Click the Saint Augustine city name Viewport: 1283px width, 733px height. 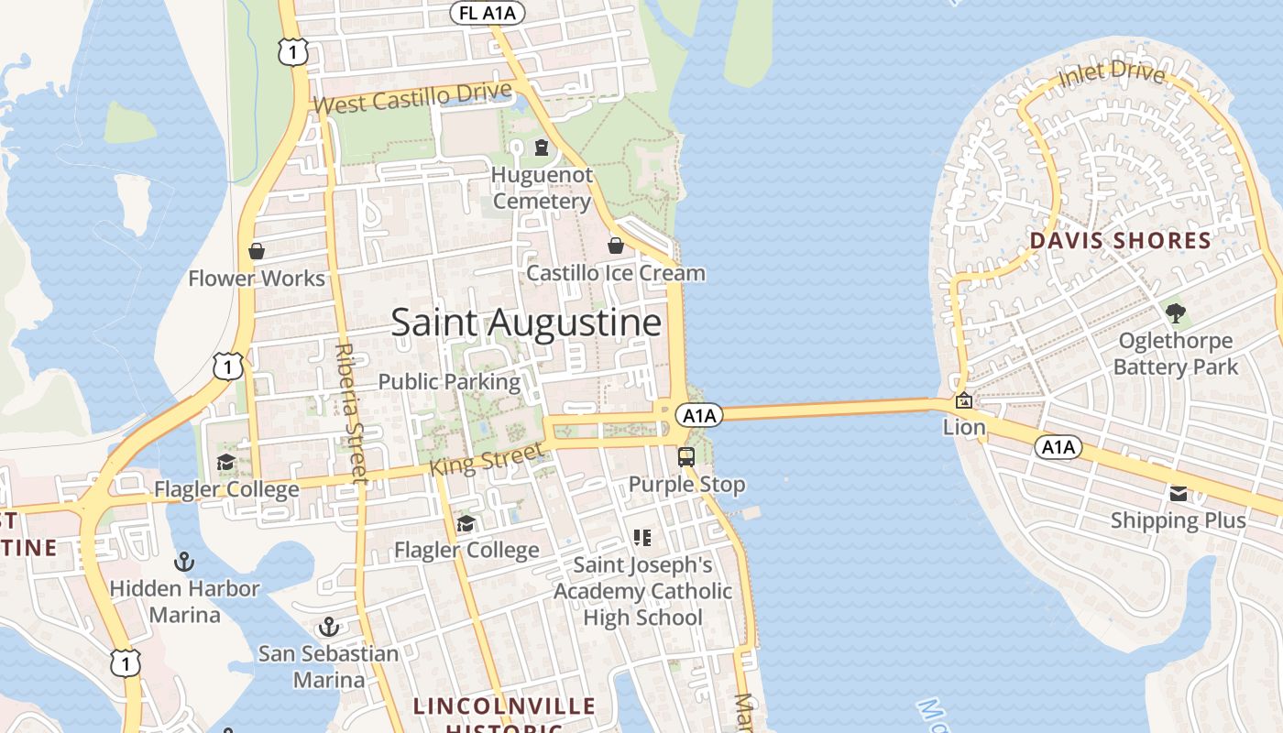point(526,323)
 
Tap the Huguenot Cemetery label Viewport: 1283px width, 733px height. point(542,188)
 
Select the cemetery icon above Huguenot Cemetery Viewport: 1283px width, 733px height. point(542,148)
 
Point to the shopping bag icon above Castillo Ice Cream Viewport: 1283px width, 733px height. point(616,246)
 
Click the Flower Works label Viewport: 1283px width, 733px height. point(257,279)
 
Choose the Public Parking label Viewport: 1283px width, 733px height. point(449,381)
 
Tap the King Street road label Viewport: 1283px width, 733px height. point(487,460)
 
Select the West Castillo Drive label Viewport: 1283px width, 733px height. point(411,99)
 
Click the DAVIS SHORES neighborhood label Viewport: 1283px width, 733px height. point(1120,241)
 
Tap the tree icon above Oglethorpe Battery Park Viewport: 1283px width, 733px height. point(1175,313)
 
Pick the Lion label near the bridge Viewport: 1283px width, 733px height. point(964,427)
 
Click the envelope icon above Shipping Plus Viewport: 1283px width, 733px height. point(1179,495)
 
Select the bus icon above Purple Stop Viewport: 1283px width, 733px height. point(686,456)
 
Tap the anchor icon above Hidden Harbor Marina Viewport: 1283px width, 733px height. point(185,561)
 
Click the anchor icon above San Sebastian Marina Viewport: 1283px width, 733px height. point(328,628)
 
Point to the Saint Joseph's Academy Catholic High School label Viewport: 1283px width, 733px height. point(642,591)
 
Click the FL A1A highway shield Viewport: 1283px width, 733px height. point(488,13)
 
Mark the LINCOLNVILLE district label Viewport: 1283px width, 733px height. point(504,706)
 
